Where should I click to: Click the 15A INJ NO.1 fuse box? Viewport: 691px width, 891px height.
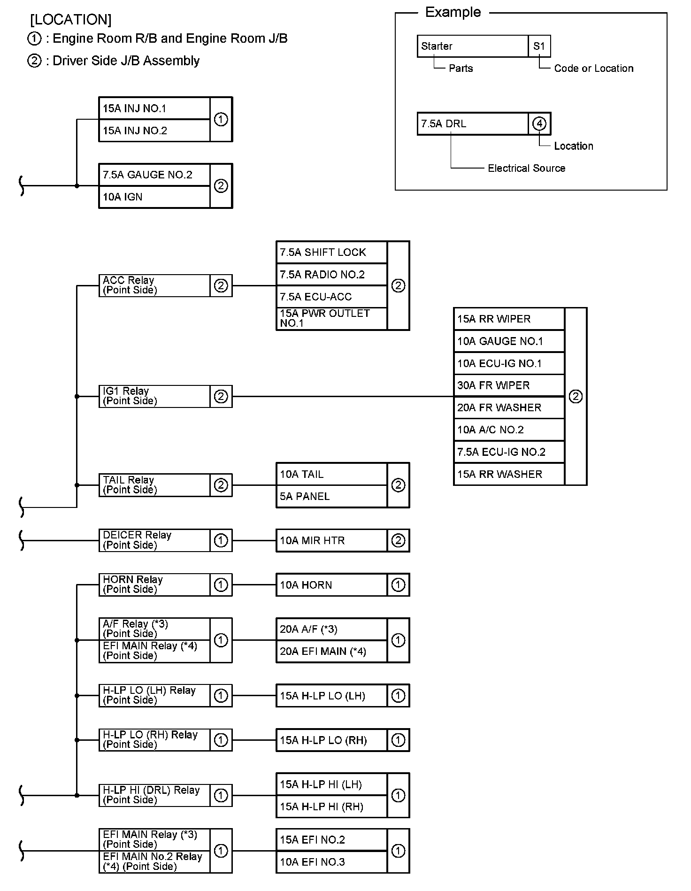pos(154,108)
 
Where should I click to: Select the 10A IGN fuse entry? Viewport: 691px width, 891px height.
pos(154,197)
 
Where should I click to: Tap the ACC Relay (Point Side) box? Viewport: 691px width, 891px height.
pos(154,285)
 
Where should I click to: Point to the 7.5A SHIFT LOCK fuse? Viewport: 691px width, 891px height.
pos(331,253)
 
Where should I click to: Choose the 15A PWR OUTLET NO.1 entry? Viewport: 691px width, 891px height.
pos(331,318)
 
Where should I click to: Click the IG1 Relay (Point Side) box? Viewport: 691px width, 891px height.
pos(154,396)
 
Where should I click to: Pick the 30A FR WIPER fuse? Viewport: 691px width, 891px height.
pos(509,385)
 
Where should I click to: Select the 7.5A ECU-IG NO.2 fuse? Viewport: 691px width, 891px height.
pos(509,452)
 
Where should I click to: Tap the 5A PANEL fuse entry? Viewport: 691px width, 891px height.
pos(331,496)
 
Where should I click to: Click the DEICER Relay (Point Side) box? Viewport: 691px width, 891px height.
pos(154,540)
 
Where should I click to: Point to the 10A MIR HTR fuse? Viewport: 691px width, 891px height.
pos(331,540)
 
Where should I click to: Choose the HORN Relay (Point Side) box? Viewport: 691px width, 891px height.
pos(154,584)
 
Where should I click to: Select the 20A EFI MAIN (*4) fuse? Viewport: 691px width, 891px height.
pos(331,652)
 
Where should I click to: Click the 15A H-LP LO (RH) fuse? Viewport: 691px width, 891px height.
pos(331,740)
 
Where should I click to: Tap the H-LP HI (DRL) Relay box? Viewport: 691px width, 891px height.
pos(154,795)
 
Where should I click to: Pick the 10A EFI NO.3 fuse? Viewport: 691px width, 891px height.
pos(331,862)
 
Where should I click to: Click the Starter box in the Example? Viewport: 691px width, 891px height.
pos(472,46)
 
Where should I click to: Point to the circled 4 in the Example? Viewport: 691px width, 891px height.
pos(539,123)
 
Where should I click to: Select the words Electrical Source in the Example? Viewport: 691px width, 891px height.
pos(526,168)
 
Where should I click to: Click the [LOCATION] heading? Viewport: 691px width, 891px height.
pos(71,20)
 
